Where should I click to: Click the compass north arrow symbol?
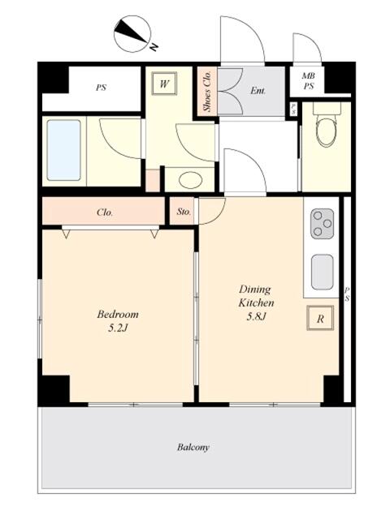click(132, 34)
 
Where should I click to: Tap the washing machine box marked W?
click(164, 84)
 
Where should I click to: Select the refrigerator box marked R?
click(319, 318)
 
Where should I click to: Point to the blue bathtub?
click(63, 150)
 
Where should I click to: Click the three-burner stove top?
click(322, 224)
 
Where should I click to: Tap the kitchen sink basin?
click(322, 272)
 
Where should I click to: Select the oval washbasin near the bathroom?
click(190, 180)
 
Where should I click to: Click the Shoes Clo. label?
click(207, 91)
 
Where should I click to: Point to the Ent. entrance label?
click(258, 90)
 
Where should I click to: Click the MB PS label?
click(309, 81)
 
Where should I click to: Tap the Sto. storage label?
click(184, 212)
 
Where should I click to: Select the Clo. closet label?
click(105, 212)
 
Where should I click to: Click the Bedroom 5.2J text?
click(118, 320)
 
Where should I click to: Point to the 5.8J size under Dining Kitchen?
click(257, 317)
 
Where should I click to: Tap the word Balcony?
click(193, 448)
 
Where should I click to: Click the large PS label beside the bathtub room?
click(101, 88)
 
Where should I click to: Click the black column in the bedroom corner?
click(54, 389)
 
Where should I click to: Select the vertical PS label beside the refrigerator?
click(347, 294)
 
